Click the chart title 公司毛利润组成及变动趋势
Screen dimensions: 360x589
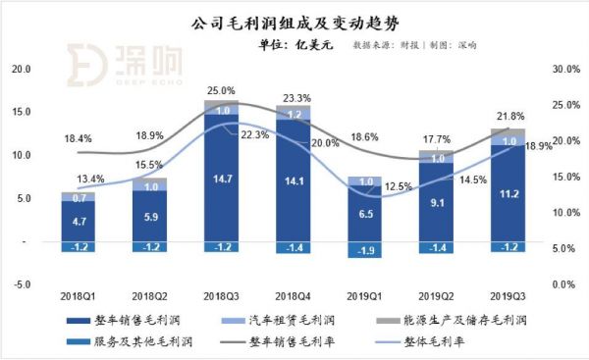click(294, 21)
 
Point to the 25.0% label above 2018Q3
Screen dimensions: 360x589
click(221, 90)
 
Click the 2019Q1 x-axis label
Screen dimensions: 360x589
click(363, 294)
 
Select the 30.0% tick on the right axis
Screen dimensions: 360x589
click(567, 70)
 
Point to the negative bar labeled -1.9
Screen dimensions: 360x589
click(364, 249)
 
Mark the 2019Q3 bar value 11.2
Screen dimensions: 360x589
click(507, 194)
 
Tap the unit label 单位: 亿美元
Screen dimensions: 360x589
click(294, 44)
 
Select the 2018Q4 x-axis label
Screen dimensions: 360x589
click(292, 294)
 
